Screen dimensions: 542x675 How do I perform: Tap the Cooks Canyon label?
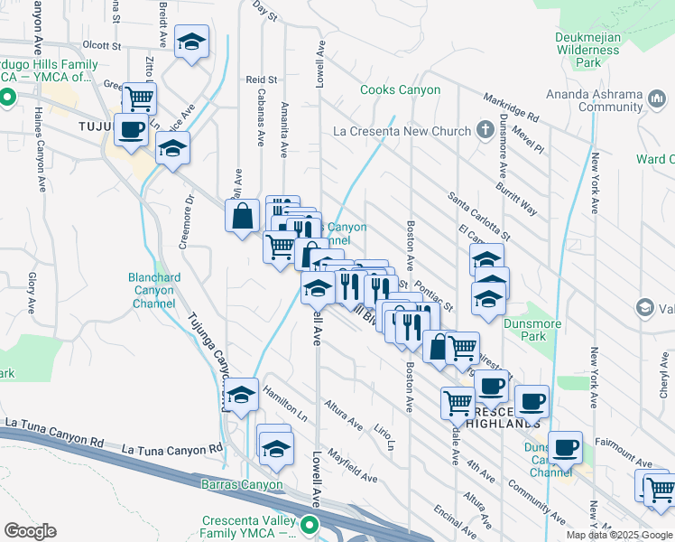[400, 90]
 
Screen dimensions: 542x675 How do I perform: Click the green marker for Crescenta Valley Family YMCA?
[310, 525]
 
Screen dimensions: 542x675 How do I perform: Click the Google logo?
[30, 531]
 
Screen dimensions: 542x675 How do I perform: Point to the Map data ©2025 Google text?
[618, 534]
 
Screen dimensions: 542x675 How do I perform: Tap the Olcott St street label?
[101, 44]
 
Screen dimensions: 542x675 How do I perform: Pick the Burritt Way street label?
[516, 198]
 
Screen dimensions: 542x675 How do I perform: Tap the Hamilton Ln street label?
[284, 404]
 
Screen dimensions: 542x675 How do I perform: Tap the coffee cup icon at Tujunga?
[132, 130]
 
